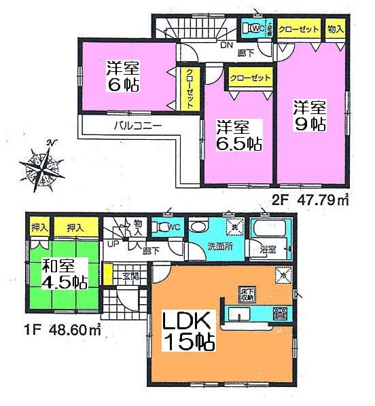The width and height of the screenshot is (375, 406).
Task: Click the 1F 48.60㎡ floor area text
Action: click(x=59, y=333)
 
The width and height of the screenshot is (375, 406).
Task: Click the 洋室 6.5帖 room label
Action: click(x=238, y=135)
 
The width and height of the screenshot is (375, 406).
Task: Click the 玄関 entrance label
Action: click(x=130, y=276)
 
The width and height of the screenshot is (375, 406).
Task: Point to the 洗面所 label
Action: click(x=219, y=246)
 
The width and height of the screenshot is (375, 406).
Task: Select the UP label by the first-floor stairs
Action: click(x=110, y=245)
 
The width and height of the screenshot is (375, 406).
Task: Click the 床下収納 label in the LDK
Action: click(x=247, y=293)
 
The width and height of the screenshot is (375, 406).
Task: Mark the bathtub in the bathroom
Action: click(x=270, y=229)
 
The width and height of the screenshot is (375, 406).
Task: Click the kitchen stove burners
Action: click(x=280, y=314)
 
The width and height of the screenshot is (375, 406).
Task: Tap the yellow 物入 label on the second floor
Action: click(x=335, y=30)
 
